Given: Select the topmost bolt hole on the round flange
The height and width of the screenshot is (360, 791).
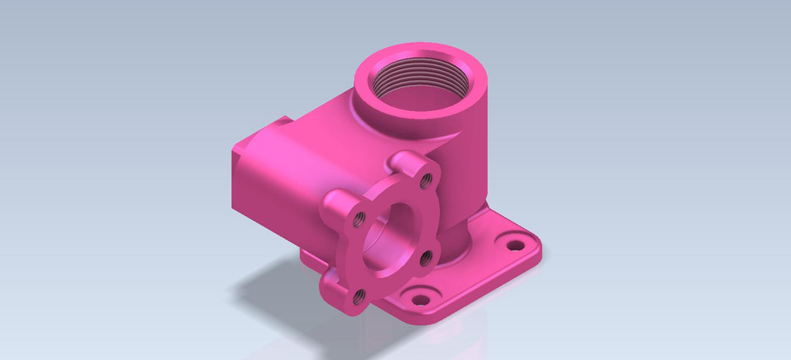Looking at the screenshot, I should (x=425, y=176).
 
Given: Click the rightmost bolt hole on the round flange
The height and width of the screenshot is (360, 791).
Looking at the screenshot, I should (x=425, y=258).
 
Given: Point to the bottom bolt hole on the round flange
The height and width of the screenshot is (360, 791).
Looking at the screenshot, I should (x=359, y=299).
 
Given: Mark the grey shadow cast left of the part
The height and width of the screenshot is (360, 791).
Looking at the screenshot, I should (x=264, y=284).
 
